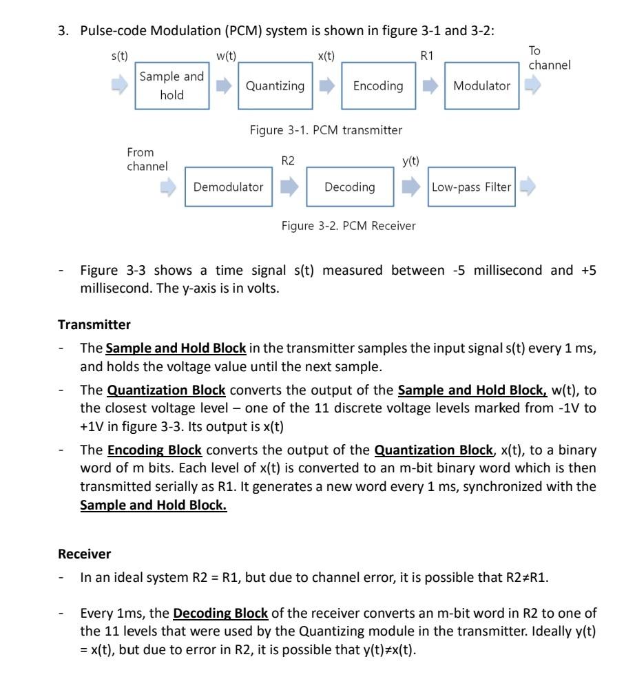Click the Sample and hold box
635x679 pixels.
(x=171, y=86)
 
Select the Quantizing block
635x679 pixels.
(x=275, y=86)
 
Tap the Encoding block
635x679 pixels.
(x=378, y=86)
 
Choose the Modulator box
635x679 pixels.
(x=481, y=86)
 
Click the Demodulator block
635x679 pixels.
(x=228, y=187)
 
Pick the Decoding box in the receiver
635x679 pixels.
(x=350, y=187)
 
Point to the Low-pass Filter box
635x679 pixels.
(x=472, y=187)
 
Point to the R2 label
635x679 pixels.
(x=287, y=160)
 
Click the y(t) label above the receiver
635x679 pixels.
(x=410, y=160)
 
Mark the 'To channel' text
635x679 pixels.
(x=549, y=58)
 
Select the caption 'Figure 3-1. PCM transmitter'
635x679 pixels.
(x=326, y=129)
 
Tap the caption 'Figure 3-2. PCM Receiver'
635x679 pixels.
(x=348, y=225)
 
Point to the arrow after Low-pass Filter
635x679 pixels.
(x=528, y=186)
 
